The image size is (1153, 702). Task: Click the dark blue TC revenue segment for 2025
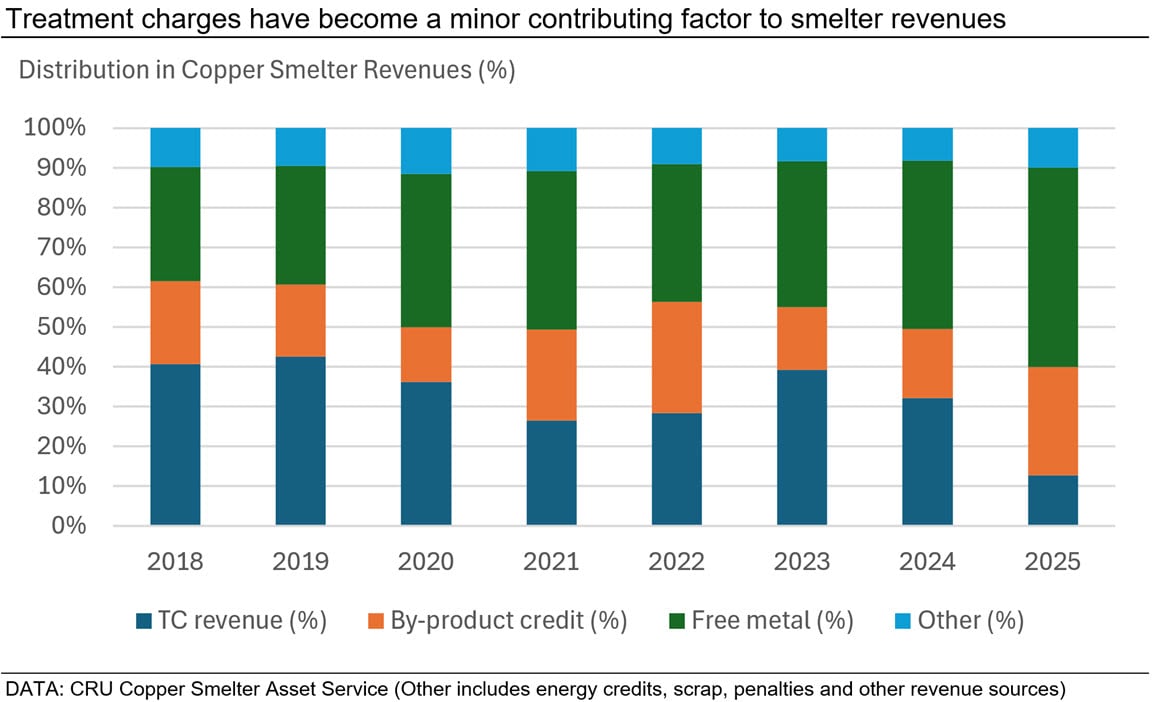point(1052,500)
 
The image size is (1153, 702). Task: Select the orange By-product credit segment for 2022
point(677,357)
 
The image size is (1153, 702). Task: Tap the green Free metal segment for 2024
point(927,245)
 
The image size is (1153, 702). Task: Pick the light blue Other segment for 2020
point(426,151)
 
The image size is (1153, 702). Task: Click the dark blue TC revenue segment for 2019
point(301,441)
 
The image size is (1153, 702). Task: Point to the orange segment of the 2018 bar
point(175,323)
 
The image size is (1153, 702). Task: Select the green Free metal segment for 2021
point(551,250)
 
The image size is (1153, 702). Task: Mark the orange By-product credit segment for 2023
point(802,338)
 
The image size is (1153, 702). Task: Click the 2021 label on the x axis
point(551,562)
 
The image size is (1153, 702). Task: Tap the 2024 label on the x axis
point(927,562)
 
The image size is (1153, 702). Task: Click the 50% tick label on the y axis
point(64,327)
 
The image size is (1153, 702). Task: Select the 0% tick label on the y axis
point(70,526)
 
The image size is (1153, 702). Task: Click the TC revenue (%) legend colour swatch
point(144,621)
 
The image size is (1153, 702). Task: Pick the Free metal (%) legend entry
point(760,621)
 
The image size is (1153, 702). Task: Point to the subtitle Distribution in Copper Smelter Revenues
point(266,71)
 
